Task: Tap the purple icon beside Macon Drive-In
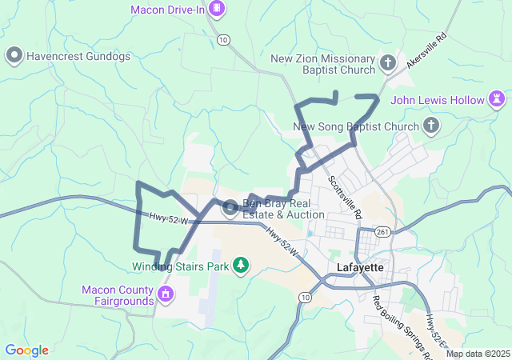(216, 10)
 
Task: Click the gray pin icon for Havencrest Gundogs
(14, 56)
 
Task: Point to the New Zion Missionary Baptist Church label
(322, 66)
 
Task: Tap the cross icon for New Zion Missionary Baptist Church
(388, 62)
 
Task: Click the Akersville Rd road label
(426, 50)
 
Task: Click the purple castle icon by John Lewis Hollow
(498, 100)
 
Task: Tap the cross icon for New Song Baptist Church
(431, 126)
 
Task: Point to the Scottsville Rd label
(346, 197)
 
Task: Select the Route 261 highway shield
(383, 232)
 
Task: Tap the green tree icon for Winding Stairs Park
(240, 265)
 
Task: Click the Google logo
(26, 350)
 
